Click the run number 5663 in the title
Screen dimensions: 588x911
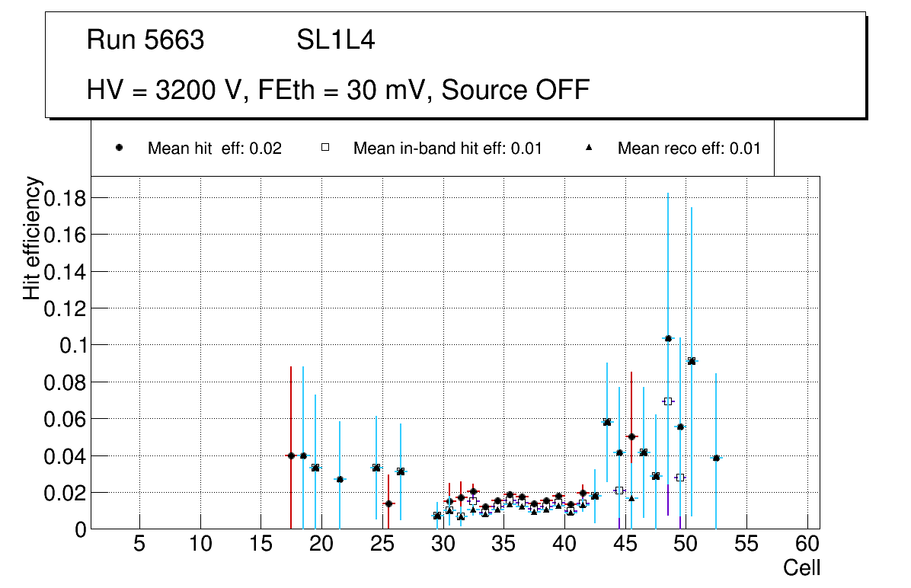(174, 40)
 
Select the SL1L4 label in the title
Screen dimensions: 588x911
(335, 40)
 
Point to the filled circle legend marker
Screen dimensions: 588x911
(120, 149)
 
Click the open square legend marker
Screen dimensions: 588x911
(325, 149)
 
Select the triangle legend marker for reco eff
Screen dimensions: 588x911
(589, 149)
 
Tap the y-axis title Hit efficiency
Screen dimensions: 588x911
(32, 238)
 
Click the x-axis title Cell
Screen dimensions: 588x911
(801, 567)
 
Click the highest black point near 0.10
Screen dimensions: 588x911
(668, 338)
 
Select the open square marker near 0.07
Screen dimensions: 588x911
(668, 401)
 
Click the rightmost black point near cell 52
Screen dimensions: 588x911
(716, 458)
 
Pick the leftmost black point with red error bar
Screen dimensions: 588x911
(291, 455)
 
